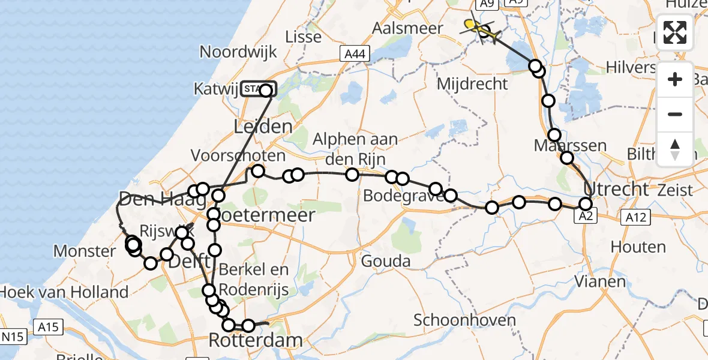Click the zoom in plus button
(675, 79)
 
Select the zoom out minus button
(675, 114)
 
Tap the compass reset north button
(675, 149)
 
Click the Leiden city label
(262, 127)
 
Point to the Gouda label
(386, 261)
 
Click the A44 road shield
(353, 54)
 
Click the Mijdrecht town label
(473, 83)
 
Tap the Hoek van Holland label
(64, 292)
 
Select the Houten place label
(638, 247)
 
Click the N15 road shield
(12, 337)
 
